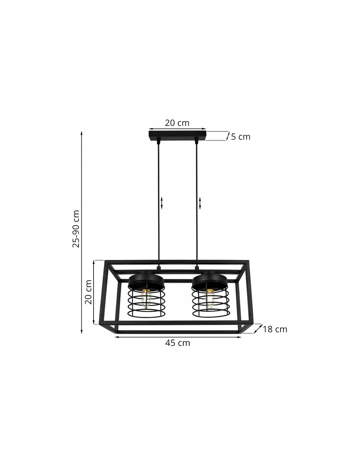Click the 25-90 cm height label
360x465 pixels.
click(76, 229)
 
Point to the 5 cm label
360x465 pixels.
click(241, 137)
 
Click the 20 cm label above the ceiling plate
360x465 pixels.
click(177, 123)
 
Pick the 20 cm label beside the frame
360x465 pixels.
click(88, 292)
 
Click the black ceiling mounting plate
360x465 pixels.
click(177, 136)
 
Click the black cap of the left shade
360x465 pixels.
click(146, 282)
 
